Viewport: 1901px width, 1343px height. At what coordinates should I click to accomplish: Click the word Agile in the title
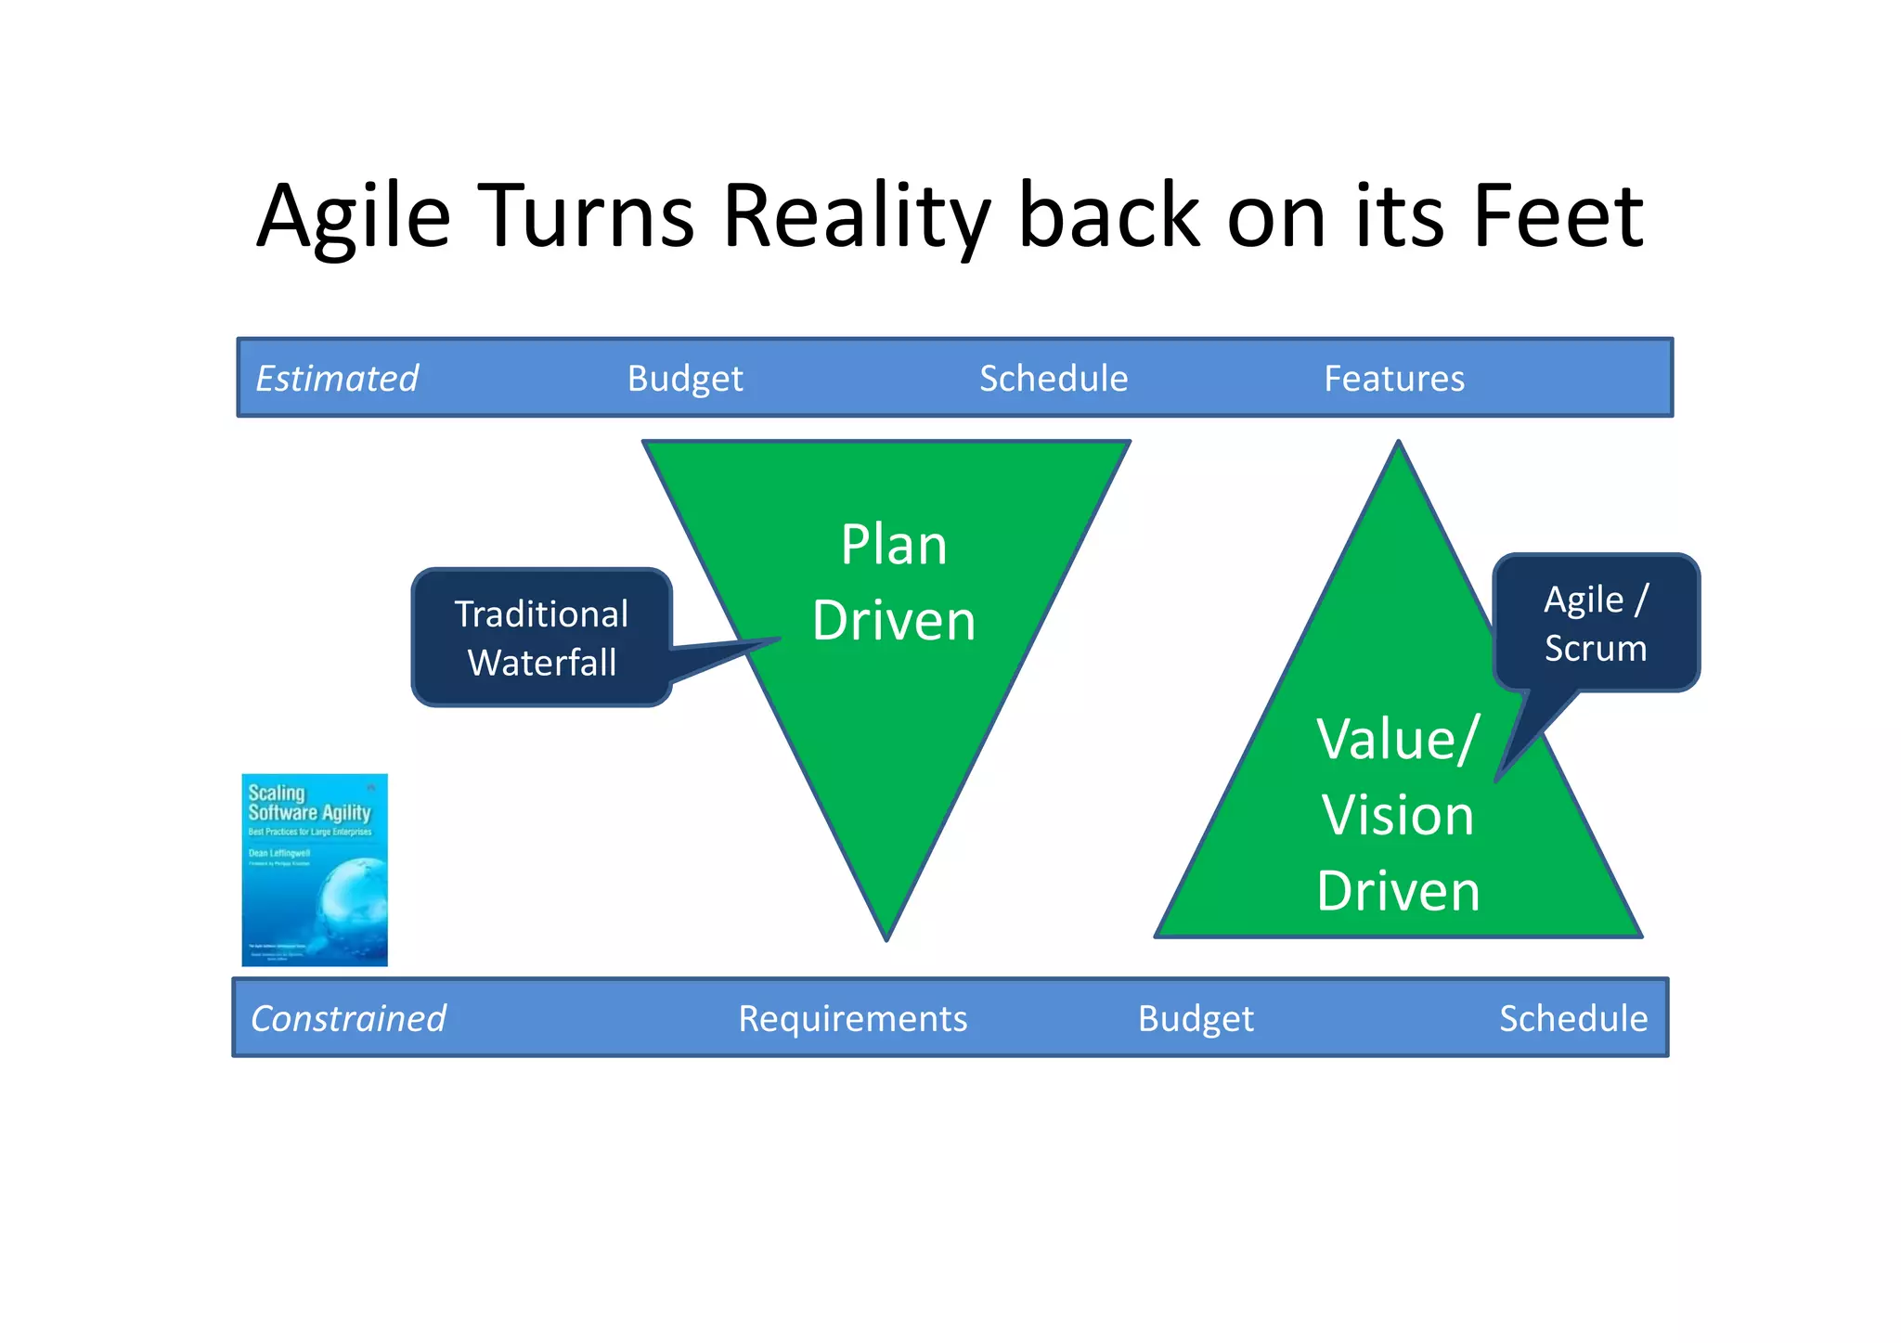click(353, 218)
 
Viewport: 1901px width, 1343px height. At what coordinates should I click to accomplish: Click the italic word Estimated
click(337, 379)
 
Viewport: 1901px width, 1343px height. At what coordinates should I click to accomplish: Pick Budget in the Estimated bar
click(685, 379)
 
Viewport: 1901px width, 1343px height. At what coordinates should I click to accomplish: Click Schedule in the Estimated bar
click(1054, 379)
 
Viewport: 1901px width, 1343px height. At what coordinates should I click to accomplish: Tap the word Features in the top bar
click(1394, 379)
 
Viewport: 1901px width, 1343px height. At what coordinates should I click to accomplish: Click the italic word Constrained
click(348, 1019)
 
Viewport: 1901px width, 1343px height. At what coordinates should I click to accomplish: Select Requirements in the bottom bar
click(852, 1019)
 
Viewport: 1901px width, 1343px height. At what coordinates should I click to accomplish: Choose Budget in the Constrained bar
click(1196, 1019)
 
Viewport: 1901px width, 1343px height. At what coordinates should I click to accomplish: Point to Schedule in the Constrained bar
click(1573, 1019)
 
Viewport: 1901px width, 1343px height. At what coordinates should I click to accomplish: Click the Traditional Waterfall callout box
click(541, 639)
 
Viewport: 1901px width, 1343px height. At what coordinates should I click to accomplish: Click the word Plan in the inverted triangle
click(893, 545)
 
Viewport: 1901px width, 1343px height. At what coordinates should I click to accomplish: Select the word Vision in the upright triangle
click(1397, 816)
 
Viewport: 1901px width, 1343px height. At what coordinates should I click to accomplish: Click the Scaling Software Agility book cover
click(315, 870)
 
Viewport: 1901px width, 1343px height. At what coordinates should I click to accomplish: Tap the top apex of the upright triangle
click(1398, 446)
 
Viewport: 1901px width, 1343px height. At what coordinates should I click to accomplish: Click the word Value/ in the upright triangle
click(1397, 740)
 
